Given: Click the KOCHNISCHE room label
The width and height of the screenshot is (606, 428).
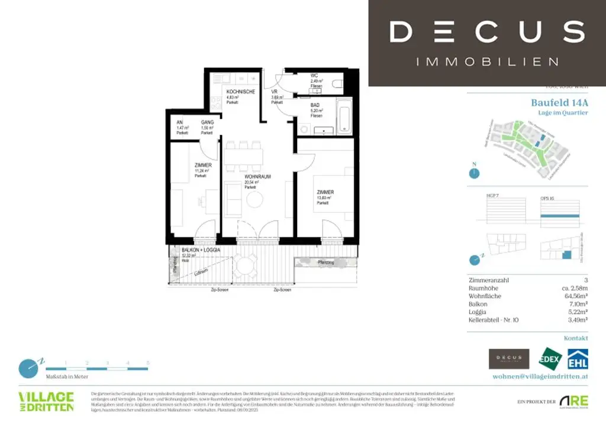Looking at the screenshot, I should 240,92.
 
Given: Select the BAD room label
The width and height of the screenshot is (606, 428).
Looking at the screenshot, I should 315,105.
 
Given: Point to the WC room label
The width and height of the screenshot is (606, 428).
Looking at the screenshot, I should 314,76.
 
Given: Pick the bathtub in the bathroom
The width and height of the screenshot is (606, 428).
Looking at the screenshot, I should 344,116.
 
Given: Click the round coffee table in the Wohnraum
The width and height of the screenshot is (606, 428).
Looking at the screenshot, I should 254,200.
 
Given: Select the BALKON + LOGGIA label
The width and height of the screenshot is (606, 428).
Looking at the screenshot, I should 201,251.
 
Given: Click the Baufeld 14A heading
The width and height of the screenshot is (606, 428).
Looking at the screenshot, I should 559,102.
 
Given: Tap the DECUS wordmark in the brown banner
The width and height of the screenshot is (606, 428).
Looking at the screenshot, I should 487,31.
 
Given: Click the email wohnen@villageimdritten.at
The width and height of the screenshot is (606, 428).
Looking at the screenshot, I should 540,377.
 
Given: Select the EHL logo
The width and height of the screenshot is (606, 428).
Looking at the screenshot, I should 578,360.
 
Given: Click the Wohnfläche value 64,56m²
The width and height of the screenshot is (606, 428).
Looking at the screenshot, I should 575,296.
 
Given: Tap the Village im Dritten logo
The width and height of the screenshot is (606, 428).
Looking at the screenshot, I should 46,401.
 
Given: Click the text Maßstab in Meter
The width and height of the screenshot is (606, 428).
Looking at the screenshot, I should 67,376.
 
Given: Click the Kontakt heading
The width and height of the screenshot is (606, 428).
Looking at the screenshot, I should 576,338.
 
